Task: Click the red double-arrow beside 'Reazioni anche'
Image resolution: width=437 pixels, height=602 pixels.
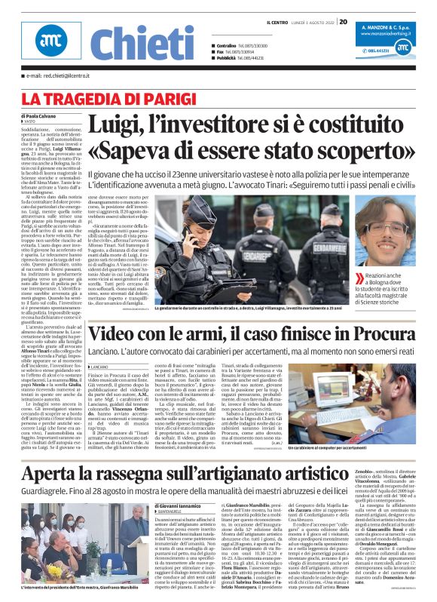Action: (359, 278)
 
